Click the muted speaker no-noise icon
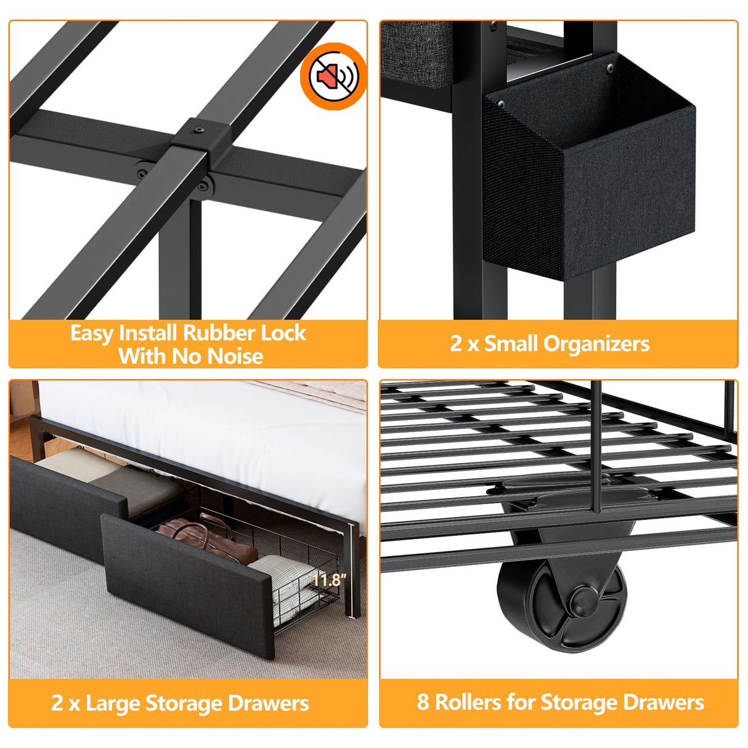[333, 76]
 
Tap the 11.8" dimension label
[328, 580]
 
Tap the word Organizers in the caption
[596, 344]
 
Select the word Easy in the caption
[92, 334]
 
